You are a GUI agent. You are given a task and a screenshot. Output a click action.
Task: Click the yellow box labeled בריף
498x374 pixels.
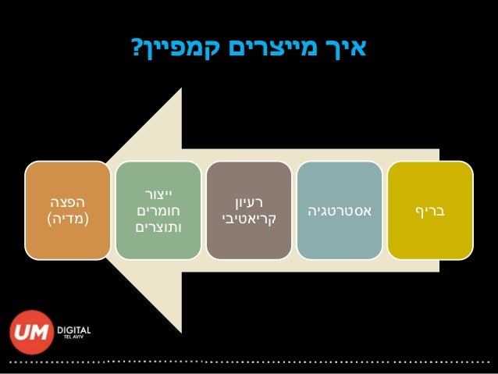[x=430, y=211]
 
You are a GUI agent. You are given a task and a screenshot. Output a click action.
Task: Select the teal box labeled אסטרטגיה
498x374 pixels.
[x=340, y=211]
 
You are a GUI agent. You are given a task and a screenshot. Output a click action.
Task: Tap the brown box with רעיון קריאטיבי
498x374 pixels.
[x=248, y=211]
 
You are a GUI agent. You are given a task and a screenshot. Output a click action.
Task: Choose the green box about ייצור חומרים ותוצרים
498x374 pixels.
[x=158, y=211]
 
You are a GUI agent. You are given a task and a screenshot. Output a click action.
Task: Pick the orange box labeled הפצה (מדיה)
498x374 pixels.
[x=67, y=211]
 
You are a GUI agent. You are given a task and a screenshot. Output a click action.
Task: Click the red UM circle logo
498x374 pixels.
[x=30, y=332]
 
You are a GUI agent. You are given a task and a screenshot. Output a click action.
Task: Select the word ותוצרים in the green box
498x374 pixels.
[x=154, y=228]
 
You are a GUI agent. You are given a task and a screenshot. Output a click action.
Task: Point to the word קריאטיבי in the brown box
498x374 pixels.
[x=248, y=219]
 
